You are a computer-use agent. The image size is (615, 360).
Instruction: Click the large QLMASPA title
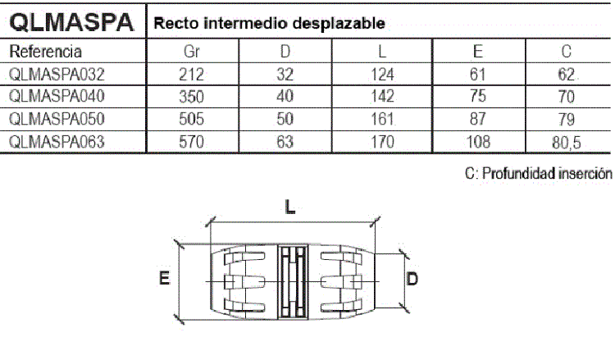point(71,22)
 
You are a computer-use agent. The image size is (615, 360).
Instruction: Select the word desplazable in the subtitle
point(339,24)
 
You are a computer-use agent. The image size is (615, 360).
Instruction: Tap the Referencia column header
point(45,52)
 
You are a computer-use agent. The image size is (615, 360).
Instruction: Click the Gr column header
point(192,52)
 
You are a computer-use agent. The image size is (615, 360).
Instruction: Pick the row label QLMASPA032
point(57,74)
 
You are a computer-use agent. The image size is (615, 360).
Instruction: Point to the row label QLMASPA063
point(57,142)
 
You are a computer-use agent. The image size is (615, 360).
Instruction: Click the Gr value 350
point(191,97)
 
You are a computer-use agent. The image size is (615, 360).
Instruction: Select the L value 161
point(382,119)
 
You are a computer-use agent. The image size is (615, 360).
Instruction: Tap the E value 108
point(478,142)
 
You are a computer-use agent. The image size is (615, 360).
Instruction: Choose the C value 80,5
point(567,143)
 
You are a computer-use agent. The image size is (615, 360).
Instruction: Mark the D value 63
point(285,142)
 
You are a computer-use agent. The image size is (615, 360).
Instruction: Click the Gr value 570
point(191,142)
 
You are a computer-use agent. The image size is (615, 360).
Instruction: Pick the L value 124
point(382,74)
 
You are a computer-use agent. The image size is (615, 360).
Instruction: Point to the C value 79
point(567,119)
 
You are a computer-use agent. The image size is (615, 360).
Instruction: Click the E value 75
point(478,96)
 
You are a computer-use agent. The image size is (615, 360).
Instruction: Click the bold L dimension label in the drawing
point(289,207)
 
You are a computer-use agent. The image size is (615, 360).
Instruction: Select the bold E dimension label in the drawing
point(164,278)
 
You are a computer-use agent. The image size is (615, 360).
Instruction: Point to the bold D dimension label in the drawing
point(412,279)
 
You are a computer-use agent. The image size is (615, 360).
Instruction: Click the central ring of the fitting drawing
point(293,281)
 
